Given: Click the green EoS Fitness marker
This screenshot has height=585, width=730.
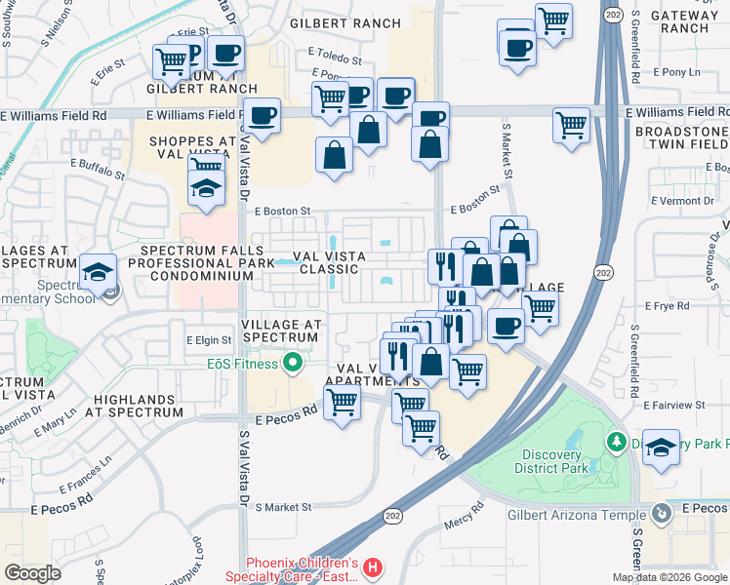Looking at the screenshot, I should [292, 365].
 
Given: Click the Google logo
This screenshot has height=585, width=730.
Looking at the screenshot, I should [32, 572].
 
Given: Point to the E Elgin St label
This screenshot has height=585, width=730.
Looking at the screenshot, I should [209, 340].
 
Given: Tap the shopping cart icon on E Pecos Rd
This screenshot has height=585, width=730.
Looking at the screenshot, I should [342, 401].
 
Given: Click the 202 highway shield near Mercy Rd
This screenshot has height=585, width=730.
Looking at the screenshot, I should [393, 516].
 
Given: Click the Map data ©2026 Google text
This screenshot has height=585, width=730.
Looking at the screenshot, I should [669, 577].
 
